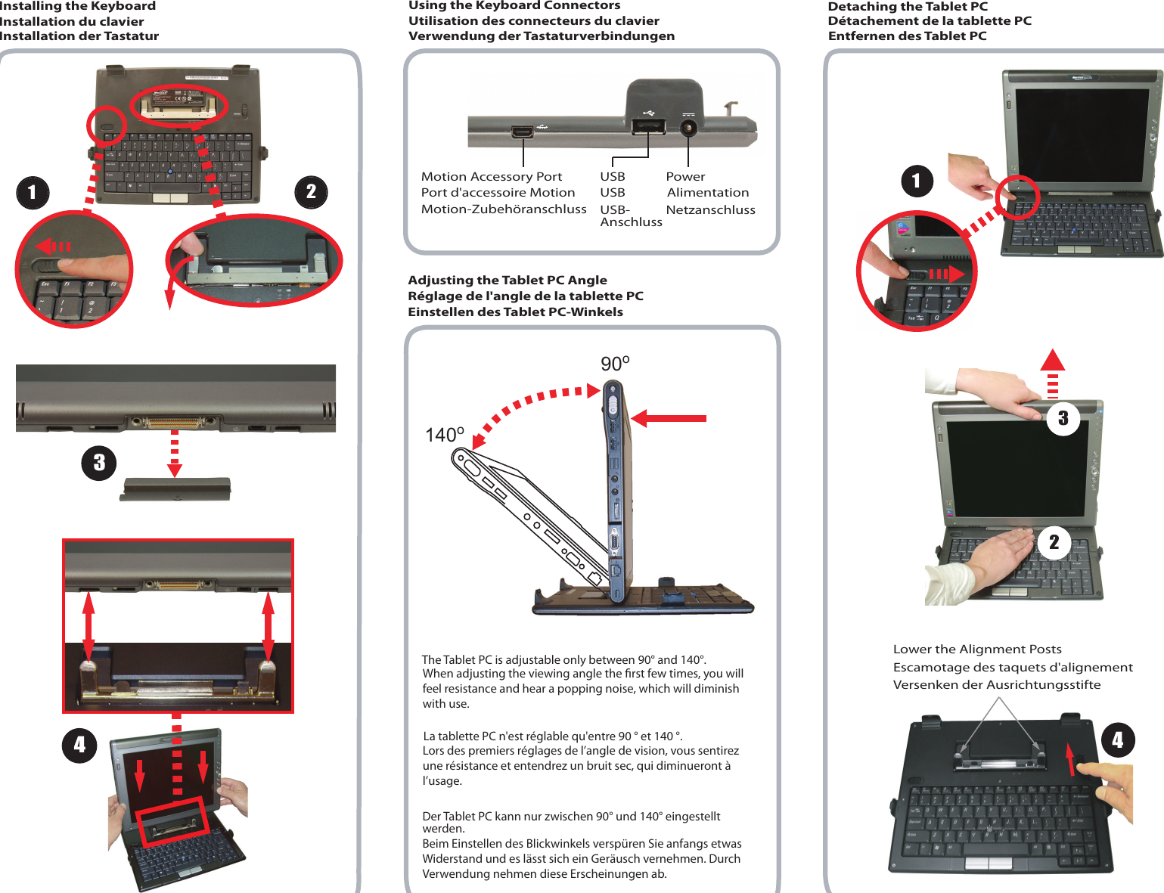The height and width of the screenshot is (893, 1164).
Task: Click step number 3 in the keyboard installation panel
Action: tap(99, 463)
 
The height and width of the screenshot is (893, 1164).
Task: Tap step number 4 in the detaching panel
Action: tap(1118, 740)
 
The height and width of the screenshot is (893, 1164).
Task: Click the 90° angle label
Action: tap(615, 364)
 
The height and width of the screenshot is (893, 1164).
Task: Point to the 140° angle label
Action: tap(444, 435)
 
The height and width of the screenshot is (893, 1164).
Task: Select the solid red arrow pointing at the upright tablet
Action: tap(669, 418)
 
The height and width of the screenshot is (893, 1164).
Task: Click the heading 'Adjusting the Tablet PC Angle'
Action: tap(507, 280)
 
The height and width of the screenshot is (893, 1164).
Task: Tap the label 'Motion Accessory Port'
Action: tap(491, 176)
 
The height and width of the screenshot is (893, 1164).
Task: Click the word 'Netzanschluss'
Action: tap(710, 209)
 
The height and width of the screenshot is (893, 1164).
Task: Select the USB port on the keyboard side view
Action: tap(647, 126)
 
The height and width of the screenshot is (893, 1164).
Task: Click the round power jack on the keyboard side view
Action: tap(688, 127)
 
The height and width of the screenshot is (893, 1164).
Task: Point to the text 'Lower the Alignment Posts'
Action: tap(976, 649)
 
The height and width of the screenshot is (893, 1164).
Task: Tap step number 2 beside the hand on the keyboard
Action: tap(1054, 542)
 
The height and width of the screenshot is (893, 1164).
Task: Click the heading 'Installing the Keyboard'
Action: tap(78, 6)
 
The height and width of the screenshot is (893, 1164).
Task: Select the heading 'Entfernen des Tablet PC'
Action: tap(907, 36)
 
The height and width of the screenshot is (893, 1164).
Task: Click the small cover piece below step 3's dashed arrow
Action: tap(175, 489)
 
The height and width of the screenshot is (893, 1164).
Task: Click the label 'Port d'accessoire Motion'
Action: tap(498, 193)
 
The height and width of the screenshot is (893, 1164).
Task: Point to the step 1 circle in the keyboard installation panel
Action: tap(33, 192)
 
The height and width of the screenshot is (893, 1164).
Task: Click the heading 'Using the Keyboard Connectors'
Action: tap(514, 5)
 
